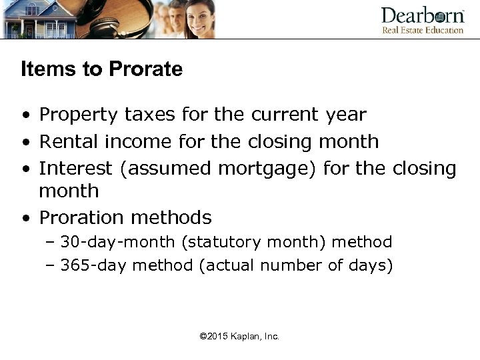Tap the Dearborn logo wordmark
tap(422, 15)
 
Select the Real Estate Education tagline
tap(422, 30)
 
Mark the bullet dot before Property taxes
tap(25, 115)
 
